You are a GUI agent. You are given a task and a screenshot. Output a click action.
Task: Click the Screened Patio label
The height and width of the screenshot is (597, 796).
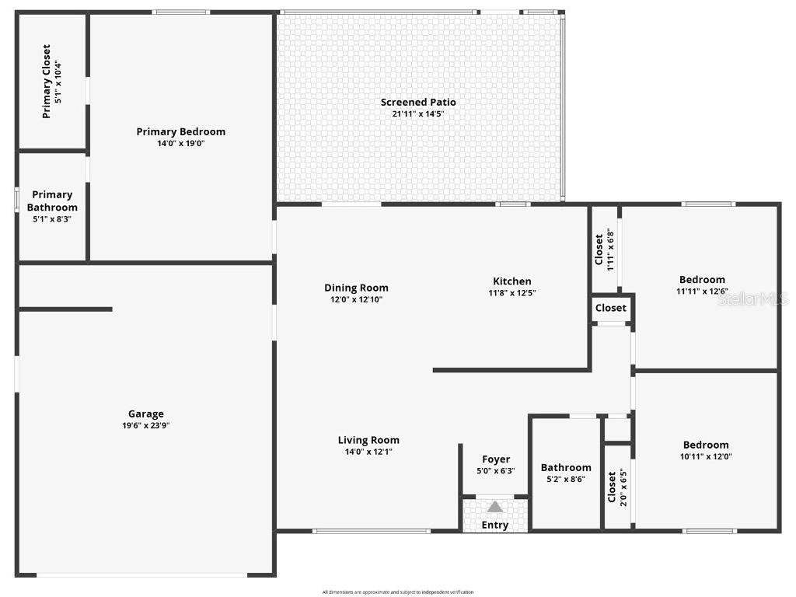click(x=418, y=102)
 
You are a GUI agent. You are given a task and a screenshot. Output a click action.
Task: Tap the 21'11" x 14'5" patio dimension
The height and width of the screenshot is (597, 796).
click(x=418, y=114)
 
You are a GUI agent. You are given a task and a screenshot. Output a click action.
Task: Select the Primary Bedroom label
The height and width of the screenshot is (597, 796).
click(x=180, y=131)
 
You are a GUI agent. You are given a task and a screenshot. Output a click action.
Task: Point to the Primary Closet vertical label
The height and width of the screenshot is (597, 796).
click(x=47, y=81)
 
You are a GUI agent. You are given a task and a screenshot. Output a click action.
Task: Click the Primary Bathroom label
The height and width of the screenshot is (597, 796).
click(x=52, y=201)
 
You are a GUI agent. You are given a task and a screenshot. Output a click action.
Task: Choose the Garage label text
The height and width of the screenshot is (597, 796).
click(x=146, y=414)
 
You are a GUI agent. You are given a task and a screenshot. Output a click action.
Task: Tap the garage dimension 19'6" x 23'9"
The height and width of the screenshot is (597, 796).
click(x=146, y=425)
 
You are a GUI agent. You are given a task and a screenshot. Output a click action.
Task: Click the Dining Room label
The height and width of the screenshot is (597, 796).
click(x=356, y=288)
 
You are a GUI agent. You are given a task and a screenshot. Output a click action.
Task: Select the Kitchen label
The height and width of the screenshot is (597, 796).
click(x=512, y=281)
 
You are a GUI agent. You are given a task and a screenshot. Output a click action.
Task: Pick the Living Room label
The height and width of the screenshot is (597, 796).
click(x=368, y=440)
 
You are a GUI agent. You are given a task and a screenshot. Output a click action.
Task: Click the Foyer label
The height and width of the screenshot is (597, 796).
click(x=496, y=459)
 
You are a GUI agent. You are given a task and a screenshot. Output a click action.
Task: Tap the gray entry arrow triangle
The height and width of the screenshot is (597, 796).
click(x=495, y=507)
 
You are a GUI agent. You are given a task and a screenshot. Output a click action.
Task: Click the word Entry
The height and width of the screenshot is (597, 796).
click(x=495, y=525)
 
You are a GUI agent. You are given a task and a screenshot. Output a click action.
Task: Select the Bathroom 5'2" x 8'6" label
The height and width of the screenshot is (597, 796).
click(x=566, y=473)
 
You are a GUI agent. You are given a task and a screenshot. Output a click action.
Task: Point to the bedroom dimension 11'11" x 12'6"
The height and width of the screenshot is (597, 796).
click(x=702, y=292)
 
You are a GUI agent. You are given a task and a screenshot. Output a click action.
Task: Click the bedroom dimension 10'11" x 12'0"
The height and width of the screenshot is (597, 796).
click(x=705, y=457)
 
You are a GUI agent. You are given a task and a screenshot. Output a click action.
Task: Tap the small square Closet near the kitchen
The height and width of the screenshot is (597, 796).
click(x=611, y=308)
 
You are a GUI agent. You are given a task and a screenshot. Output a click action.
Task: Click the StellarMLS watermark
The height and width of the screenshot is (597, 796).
click(x=752, y=298)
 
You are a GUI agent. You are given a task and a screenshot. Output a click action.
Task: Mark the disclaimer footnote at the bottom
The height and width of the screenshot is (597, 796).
click(x=398, y=592)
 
